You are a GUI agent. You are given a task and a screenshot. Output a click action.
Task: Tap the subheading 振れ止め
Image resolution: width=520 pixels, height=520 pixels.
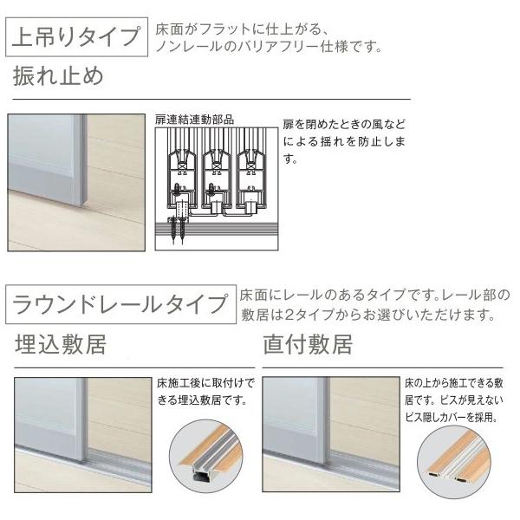(x=59, y=76)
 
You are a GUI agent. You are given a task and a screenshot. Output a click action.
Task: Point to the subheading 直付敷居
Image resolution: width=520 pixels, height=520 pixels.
(x=308, y=346)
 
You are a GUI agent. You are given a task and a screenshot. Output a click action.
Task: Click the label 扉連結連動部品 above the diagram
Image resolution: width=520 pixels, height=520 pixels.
(x=193, y=120)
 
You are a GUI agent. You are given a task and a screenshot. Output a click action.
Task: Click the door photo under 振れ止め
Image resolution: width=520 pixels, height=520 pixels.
(x=77, y=182)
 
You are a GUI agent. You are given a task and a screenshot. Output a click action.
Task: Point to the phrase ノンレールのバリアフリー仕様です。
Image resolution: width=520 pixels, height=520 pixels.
(x=270, y=47)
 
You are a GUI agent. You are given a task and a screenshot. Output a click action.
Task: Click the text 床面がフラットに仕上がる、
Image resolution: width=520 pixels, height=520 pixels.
(x=233, y=29)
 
